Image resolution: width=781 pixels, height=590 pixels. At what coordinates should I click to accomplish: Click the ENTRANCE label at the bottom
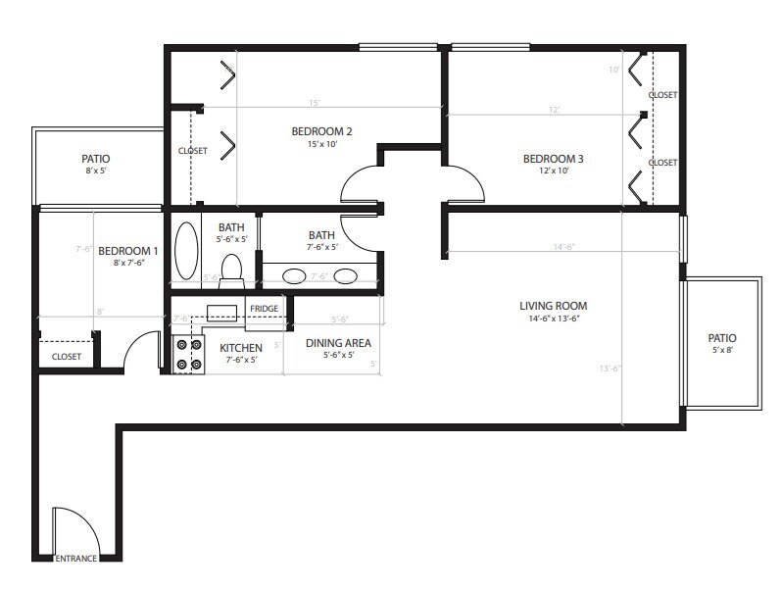74,559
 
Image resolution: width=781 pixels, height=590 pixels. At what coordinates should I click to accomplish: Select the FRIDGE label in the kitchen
264,309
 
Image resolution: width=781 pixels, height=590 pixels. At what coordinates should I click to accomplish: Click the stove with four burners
187,354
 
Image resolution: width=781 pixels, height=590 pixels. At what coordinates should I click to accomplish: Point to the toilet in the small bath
232,270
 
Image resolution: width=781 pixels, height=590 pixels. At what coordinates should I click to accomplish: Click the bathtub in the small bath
185,251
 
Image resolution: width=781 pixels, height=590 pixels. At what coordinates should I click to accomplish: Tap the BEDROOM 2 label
321,131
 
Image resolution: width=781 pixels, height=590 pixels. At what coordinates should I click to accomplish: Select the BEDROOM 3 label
553,159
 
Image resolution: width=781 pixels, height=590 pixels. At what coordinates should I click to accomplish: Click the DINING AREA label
337,343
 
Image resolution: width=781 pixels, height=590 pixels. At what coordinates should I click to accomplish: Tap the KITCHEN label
240,348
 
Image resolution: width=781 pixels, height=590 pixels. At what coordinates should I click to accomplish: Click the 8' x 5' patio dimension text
95,171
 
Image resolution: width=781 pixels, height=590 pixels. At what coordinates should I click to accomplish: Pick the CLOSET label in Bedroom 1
66,357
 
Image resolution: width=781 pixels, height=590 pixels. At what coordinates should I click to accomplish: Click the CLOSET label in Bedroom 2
192,151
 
